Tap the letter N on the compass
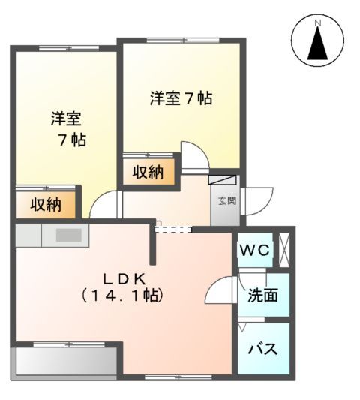[x=317, y=24]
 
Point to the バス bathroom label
[x=262, y=349]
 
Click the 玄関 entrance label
[x=226, y=200]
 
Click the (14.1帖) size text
[x=124, y=296]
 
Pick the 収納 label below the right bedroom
[x=148, y=172]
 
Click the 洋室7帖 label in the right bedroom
[x=180, y=98]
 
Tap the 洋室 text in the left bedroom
[x=66, y=119]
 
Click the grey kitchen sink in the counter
[x=67, y=235]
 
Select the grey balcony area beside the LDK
[x=66, y=362]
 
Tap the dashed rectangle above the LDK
[x=172, y=229]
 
